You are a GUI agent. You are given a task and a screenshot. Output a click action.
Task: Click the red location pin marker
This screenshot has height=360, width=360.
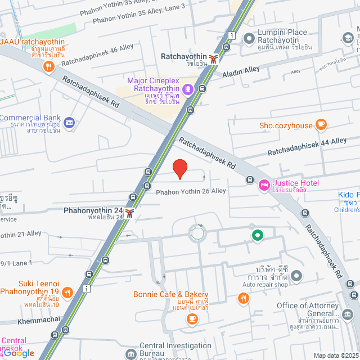(179, 169)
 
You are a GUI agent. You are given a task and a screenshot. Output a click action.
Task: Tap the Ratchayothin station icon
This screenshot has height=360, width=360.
(213, 58)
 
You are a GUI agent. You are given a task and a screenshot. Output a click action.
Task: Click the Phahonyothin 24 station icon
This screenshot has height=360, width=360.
(130, 213)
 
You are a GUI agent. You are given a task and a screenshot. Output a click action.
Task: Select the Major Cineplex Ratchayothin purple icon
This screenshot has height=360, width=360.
(188, 89)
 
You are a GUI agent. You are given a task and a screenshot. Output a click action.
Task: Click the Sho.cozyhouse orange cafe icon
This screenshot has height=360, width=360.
(321, 124)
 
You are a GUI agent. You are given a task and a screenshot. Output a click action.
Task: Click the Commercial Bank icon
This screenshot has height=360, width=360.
(69, 122)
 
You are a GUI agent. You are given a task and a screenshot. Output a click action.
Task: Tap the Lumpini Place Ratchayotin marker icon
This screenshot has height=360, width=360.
(249, 38)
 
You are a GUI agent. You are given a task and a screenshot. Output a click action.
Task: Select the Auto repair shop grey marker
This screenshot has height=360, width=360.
(296, 276)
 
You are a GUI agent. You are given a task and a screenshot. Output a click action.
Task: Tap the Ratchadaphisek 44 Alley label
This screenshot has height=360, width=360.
(307, 146)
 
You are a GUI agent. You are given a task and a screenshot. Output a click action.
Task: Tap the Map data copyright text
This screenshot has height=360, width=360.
(335, 355)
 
